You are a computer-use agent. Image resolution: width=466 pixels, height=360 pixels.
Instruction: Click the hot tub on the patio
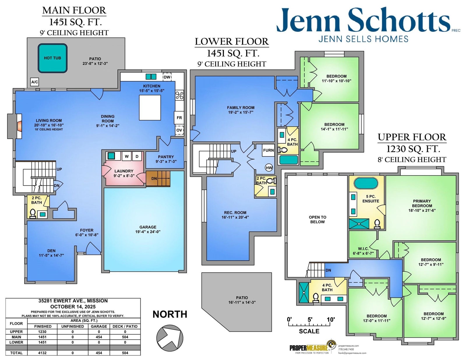52,58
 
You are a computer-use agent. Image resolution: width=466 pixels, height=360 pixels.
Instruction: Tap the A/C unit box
35,82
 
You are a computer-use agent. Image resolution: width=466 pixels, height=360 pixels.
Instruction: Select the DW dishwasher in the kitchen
167,77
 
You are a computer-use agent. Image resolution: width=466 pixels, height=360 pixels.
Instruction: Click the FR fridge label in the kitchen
179,118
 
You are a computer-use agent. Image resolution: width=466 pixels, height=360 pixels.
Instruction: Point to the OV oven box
179,130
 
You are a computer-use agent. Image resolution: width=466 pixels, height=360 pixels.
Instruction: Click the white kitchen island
150,108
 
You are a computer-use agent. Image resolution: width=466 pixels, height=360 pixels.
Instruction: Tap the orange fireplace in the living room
19,126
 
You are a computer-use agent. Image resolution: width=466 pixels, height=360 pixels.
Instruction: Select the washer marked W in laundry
126,156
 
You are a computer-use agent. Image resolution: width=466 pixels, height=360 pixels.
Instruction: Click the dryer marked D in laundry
137,156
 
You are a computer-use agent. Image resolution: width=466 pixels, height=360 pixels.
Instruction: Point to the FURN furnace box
269,150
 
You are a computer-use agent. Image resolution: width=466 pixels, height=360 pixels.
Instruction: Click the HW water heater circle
269,168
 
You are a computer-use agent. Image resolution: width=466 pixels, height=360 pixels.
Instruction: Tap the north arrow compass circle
170,338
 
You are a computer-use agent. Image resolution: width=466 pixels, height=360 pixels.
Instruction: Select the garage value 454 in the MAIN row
99,337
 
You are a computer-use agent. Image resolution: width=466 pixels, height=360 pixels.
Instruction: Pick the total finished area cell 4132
43,353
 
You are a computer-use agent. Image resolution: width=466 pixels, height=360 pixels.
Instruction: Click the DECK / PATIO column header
125,326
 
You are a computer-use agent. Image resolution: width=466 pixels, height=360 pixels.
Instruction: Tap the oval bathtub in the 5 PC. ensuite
366,183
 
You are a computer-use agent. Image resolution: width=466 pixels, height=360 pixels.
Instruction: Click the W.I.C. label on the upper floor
363,249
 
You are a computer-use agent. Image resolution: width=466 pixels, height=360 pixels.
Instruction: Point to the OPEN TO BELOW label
317,219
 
